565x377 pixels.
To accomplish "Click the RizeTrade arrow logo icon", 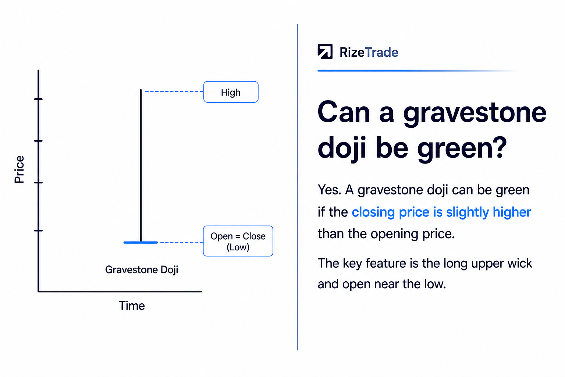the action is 325,52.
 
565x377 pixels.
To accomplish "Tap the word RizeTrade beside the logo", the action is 369,52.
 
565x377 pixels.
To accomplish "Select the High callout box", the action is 231,92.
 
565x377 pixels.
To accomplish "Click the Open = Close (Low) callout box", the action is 238,241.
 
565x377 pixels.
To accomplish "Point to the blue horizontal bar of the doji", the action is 141,242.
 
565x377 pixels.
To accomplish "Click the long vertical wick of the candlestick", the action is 141,165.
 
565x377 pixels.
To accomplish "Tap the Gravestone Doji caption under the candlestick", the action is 142,270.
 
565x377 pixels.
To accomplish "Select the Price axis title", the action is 19,169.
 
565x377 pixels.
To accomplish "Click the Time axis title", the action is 132,306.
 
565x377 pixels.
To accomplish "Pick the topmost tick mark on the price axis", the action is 38,99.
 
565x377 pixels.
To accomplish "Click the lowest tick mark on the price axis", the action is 38,230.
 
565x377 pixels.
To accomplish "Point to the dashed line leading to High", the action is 174,91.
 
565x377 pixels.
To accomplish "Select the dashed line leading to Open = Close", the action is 182,242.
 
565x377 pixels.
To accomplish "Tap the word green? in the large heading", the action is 462,148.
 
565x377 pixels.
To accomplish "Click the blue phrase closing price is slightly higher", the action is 441,212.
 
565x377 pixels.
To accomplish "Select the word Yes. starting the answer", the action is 330,190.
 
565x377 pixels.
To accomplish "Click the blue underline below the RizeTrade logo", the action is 416,71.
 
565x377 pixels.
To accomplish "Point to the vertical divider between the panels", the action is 298,187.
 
